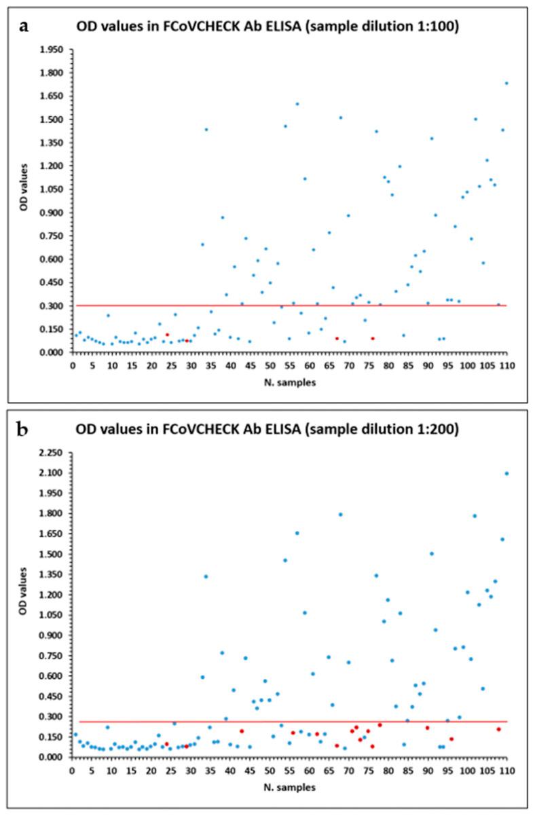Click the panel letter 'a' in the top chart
pyautogui.click(x=24, y=26)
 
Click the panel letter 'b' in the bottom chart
pyautogui.click(x=24, y=430)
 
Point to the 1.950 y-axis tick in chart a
pyautogui.click(x=52, y=50)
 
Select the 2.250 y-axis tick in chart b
pyautogui.click(x=52, y=453)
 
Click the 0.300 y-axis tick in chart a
pyautogui.click(x=52, y=305)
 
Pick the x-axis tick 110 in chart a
pyautogui.click(x=506, y=365)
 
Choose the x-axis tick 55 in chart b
pyautogui.click(x=289, y=771)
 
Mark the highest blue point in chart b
pyautogui.click(x=506, y=473)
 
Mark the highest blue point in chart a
pyautogui.click(x=506, y=83)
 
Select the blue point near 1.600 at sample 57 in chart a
pyautogui.click(x=297, y=104)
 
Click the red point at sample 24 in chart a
pyautogui.click(x=167, y=335)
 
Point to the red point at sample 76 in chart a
pyautogui.click(x=373, y=338)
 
